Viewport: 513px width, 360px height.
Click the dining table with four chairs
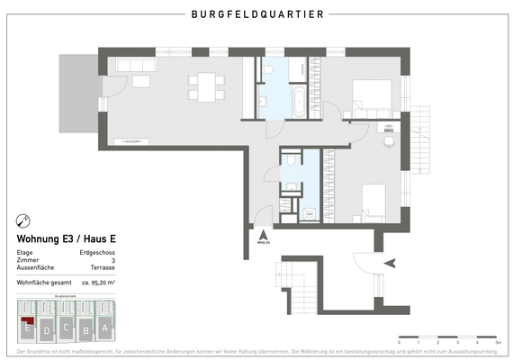click(205, 86)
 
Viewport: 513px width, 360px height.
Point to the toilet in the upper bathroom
click(269, 69)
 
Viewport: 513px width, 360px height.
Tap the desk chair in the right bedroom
click(389, 140)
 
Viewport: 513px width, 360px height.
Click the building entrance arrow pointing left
click(390, 262)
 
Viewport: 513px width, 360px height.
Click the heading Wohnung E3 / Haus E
click(67, 239)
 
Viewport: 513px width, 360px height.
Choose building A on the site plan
click(105, 328)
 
